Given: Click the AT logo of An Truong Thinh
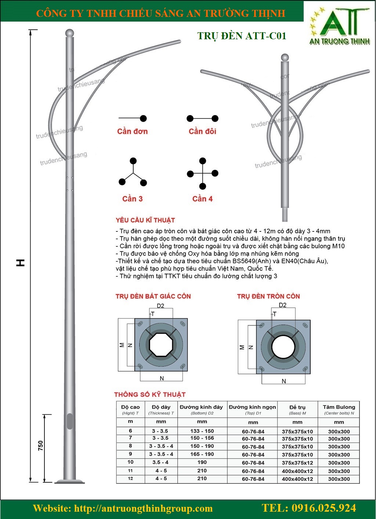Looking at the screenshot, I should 339,26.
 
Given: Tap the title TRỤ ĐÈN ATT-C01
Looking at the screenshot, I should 242,36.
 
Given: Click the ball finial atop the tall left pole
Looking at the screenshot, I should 69,33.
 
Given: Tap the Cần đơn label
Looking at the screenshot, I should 132,131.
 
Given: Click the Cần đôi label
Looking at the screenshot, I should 202,131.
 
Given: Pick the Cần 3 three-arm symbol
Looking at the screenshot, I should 133,172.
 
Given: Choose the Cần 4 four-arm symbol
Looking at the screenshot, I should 202,173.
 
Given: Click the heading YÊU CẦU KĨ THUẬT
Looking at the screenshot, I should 145,220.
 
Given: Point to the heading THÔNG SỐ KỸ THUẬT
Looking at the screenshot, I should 150,395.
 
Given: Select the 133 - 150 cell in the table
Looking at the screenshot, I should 202,431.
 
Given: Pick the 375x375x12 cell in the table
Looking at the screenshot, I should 297,463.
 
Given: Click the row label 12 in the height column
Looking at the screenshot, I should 130,479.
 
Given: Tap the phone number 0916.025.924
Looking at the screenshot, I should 309,508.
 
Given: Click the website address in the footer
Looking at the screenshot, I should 143,509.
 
